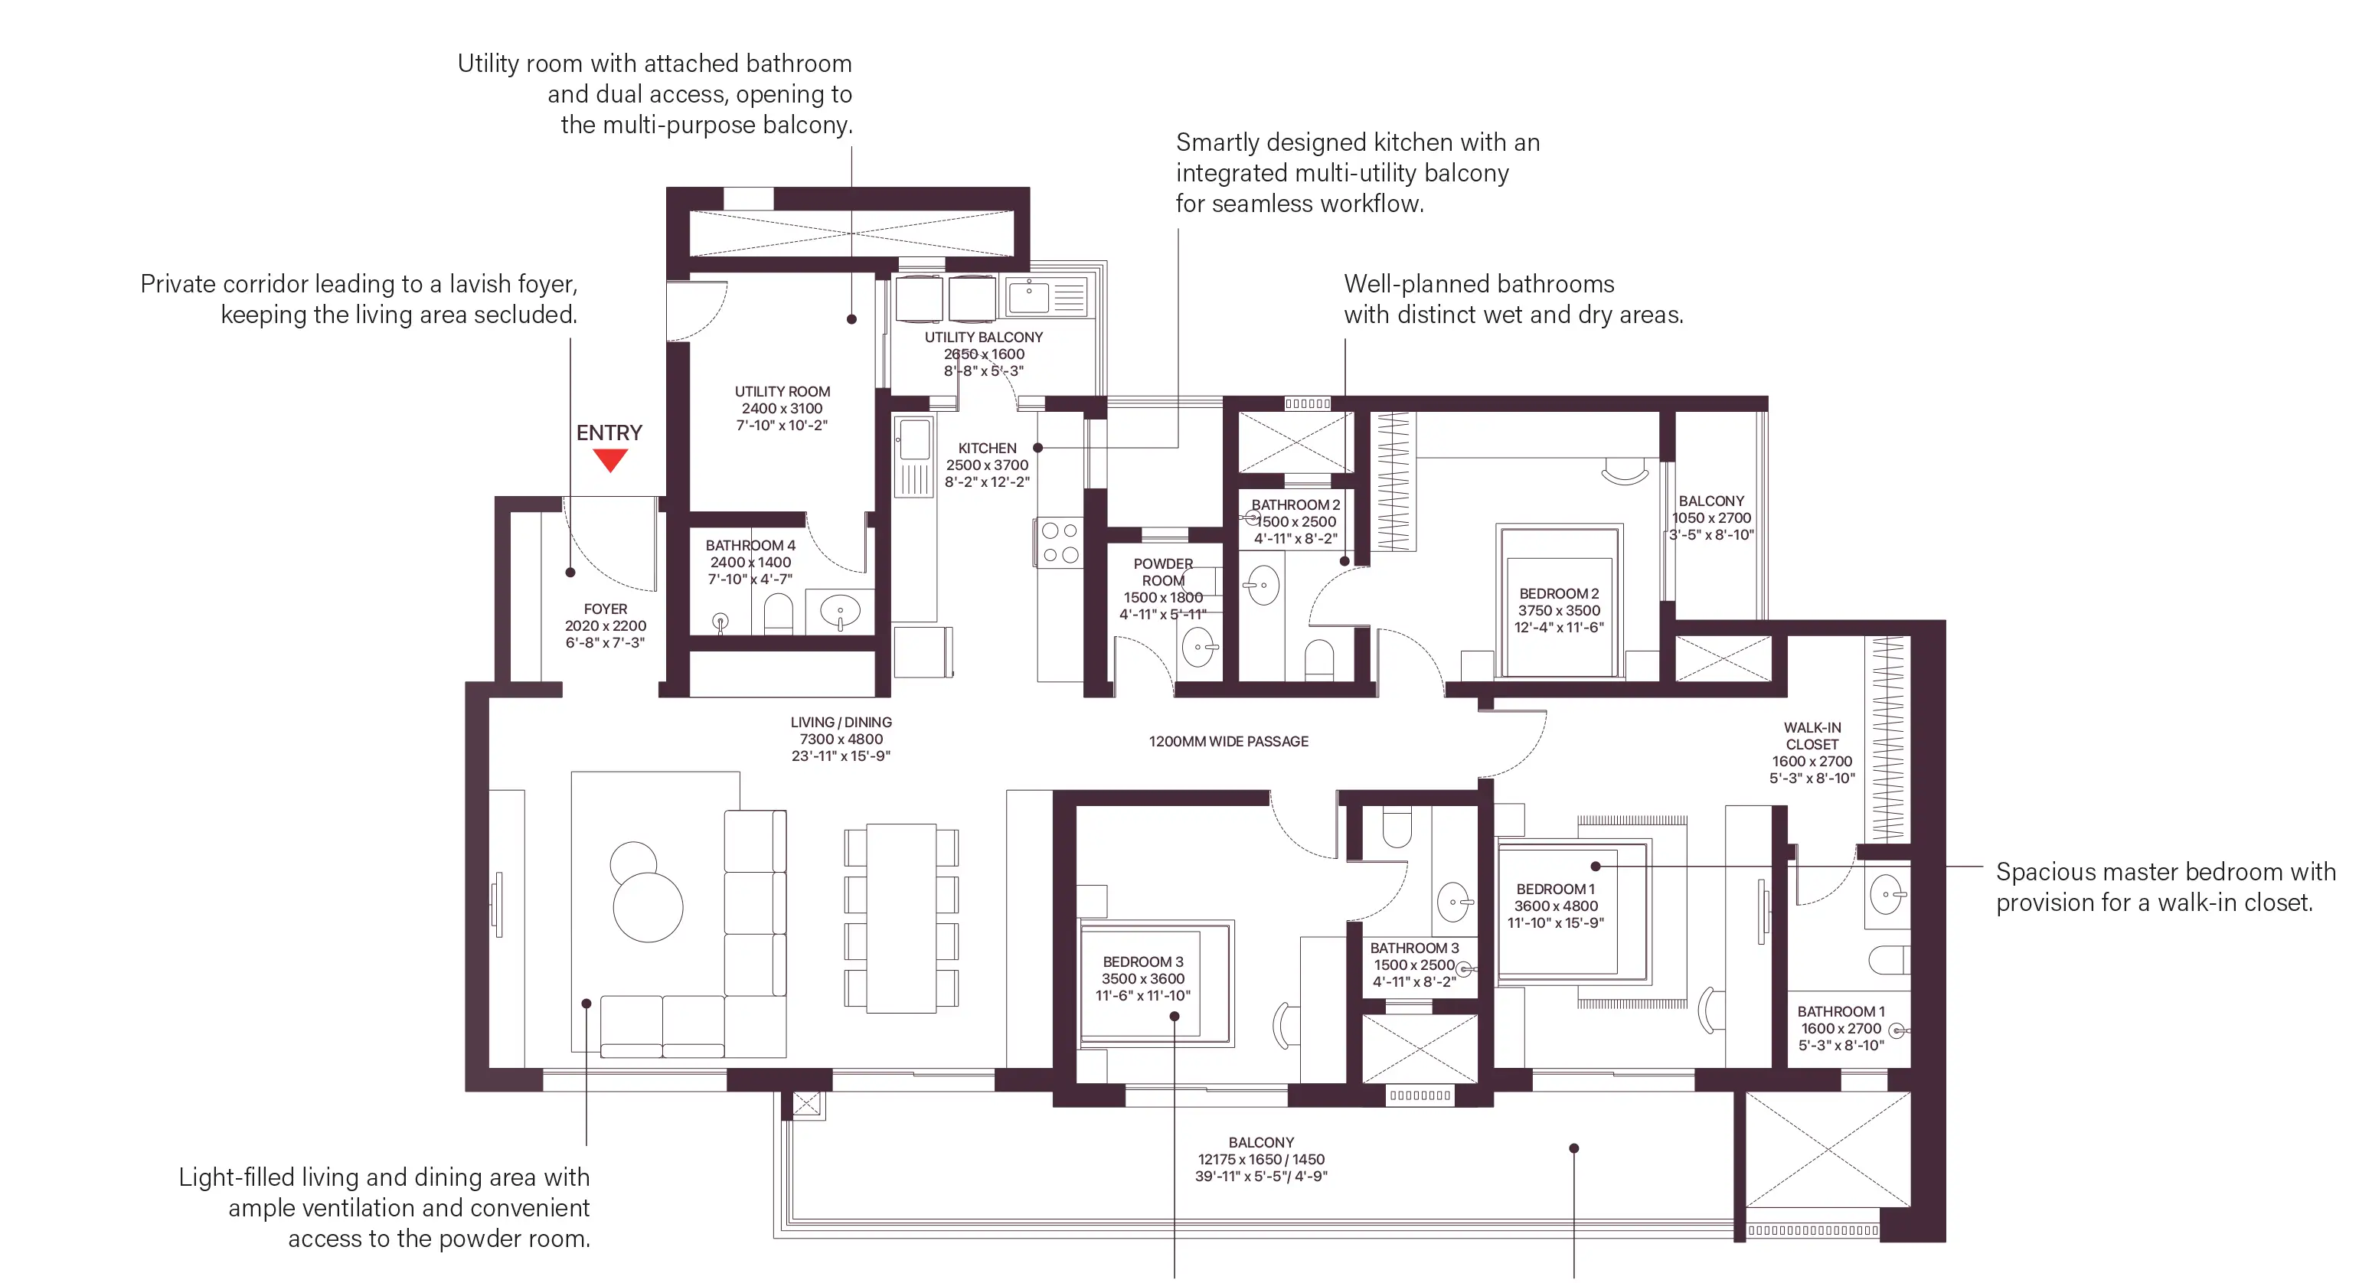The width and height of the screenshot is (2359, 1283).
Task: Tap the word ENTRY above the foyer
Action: tap(609, 433)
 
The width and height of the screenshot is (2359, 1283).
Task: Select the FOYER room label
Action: tap(606, 609)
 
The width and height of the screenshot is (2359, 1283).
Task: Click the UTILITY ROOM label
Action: tap(782, 391)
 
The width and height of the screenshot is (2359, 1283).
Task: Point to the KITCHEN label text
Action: tap(987, 448)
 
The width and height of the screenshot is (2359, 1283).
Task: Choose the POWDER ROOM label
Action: tap(1163, 573)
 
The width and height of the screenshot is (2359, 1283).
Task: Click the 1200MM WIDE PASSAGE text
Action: tap(1229, 742)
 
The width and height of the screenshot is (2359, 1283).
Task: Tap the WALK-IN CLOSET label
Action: tap(1812, 736)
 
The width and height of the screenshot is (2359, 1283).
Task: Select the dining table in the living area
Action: tap(901, 918)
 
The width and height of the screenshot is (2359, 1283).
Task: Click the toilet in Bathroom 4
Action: tap(777, 614)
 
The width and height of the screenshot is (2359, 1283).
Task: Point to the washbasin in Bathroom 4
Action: tap(841, 610)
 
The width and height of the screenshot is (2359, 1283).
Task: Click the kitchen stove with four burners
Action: tap(1060, 542)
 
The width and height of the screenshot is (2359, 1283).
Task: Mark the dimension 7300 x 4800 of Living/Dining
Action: tap(841, 739)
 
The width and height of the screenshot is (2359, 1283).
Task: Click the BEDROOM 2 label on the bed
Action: tap(1559, 593)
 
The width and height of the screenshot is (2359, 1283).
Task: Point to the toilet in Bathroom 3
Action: tap(1396, 827)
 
